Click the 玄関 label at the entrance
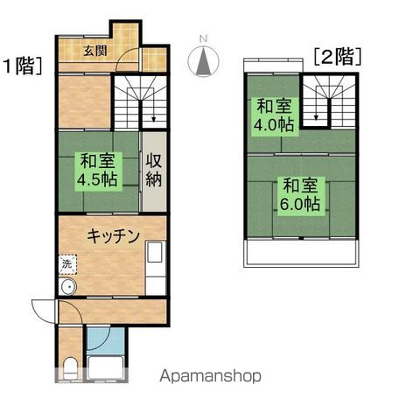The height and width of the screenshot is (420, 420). pyautogui.click(x=96, y=51)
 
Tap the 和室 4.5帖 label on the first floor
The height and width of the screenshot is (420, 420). pyautogui.click(x=97, y=169)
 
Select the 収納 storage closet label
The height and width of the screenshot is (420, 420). pyautogui.click(x=154, y=171)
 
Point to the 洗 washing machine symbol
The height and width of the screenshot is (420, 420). pyautogui.click(x=67, y=262)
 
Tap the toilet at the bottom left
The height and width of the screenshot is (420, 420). pyautogui.click(x=71, y=365)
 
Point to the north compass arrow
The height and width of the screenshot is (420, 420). pyautogui.click(x=203, y=63)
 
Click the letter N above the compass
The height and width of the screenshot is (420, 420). pyautogui.click(x=203, y=38)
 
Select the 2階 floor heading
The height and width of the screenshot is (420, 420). pyautogui.click(x=338, y=58)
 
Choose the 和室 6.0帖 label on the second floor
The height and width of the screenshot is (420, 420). pyautogui.click(x=300, y=195)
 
